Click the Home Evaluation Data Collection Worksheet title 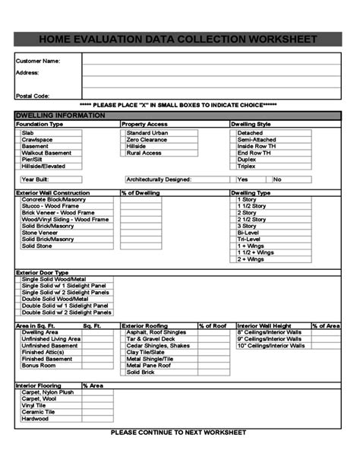(x=180, y=39)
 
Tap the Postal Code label (x=33, y=97)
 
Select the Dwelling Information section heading (x=50, y=115)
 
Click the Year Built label (x=35, y=179)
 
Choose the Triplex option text (x=247, y=166)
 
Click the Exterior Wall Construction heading (x=52, y=193)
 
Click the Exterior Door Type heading (x=42, y=272)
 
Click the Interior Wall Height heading (x=264, y=325)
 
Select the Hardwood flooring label (x=35, y=418)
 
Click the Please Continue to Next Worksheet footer (x=180, y=432)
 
